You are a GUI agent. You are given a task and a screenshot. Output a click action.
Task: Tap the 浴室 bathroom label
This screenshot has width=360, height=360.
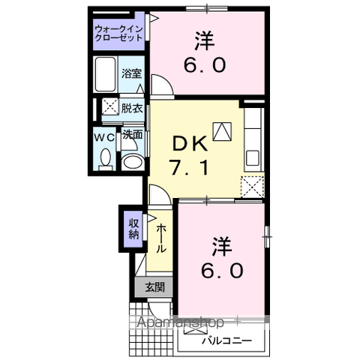[x=131, y=73]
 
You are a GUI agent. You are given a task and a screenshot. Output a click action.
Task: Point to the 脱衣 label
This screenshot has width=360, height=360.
[x=132, y=107]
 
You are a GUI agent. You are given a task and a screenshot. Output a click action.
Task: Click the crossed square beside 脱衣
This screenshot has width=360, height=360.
[x=109, y=107]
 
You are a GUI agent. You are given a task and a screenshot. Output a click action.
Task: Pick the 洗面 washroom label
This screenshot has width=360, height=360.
[x=133, y=136]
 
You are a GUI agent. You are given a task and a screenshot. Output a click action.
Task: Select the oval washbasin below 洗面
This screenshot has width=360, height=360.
[x=132, y=162]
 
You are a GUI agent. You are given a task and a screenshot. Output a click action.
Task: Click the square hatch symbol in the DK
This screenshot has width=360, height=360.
[x=223, y=132]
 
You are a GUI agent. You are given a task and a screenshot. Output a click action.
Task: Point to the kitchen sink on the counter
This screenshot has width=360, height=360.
[x=253, y=158]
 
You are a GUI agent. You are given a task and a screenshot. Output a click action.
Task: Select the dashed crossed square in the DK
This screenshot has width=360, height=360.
[x=253, y=185]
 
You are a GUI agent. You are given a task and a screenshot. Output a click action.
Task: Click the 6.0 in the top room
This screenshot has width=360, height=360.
[x=203, y=65]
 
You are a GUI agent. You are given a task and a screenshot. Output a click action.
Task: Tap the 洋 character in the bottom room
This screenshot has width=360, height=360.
[x=220, y=245]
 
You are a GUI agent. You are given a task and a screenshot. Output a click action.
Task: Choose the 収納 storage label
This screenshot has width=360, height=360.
[x=133, y=229]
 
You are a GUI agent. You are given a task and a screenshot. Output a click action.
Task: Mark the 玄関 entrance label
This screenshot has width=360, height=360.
[x=154, y=286]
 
